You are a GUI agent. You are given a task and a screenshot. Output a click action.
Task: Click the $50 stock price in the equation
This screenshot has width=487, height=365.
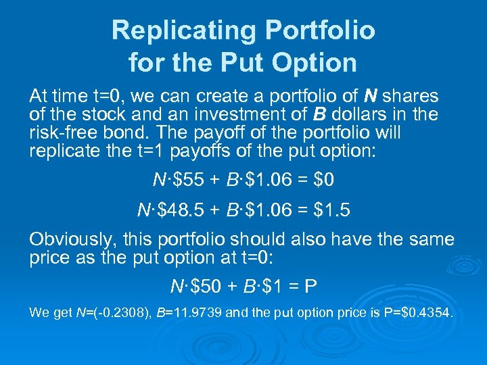(x=210, y=287)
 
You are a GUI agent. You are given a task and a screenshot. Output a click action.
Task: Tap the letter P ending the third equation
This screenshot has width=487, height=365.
(x=310, y=287)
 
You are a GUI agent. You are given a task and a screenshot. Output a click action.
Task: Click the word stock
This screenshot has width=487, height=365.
(x=94, y=114)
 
